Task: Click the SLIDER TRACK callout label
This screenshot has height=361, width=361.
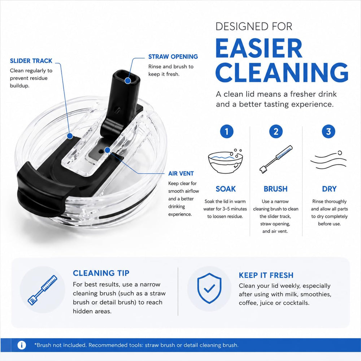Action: pos(31,61)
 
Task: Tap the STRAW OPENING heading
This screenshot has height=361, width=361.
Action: pos(173,57)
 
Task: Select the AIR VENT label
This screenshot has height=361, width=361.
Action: pos(181,173)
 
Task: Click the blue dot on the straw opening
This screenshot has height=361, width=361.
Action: pos(128,81)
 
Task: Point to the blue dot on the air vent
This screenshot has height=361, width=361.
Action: pos(107,150)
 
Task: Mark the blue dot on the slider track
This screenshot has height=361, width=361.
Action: pos(70,136)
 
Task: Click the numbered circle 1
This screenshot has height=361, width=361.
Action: pos(227,131)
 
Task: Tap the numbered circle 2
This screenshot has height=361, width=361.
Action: pos(276,131)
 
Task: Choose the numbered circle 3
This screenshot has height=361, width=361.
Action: pos(329,131)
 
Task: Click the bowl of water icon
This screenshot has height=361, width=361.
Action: pos(225,161)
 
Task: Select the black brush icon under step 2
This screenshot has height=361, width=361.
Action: pos(276,159)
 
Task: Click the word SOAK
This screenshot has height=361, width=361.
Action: pos(226,189)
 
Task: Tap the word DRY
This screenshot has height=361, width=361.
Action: pos(329,189)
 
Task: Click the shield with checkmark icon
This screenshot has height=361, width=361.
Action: pos(209,288)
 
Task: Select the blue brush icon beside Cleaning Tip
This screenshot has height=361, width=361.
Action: pos(42,290)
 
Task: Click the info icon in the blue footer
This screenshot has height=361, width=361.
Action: pos(22,345)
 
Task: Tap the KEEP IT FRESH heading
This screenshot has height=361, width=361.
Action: pos(266,275)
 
